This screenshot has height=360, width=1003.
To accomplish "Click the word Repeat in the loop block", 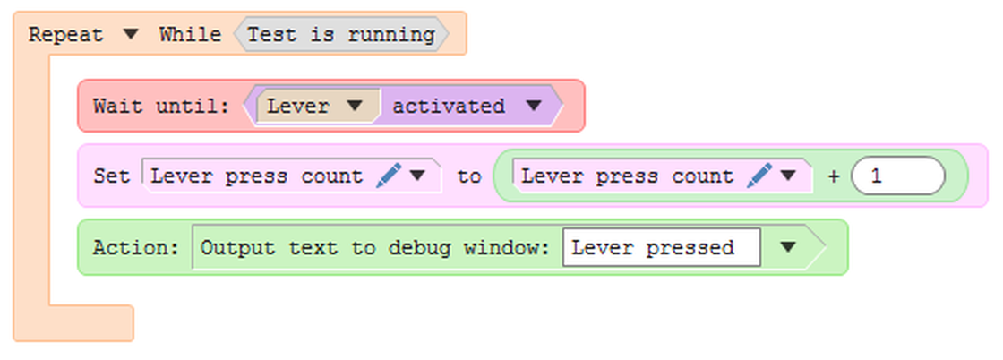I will (x=65, y=35).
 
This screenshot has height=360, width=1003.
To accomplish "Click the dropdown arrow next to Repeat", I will (x=131, y=35).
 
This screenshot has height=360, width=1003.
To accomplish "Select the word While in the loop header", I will (x=190, y=35).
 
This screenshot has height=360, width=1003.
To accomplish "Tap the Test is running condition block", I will (x=340, y=35).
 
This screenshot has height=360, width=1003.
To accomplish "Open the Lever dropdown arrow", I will (x=355, y=106).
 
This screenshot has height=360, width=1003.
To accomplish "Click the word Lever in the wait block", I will (x=298, y=106).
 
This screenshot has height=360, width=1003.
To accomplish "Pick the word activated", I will (x=449, y=106).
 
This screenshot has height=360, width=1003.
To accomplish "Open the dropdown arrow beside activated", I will (x=534, y=106).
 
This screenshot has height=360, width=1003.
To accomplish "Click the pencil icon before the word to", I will (x=389, y=176).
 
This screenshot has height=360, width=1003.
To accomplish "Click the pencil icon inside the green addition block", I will (x=759, y=176).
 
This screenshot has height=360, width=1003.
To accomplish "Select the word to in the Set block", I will (x=468, y=176).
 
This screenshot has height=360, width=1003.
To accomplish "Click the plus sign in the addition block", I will (x=833, y=176).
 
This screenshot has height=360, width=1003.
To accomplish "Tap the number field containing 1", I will (x=897, y=176).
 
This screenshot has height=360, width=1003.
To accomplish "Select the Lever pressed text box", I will (x=661, y=247).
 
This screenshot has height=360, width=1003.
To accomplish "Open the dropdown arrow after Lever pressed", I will (x=788, y=247).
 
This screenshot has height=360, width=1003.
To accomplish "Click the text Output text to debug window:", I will (x=374, y=247).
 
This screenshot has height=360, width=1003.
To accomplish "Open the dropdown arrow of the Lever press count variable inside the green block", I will (x=788, y=176).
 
